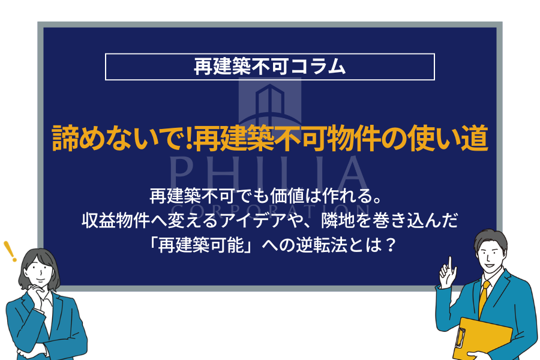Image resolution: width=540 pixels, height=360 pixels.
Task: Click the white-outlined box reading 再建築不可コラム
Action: [x=269, y=67]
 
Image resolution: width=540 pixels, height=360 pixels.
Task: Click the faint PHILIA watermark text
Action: [x=269, y=174]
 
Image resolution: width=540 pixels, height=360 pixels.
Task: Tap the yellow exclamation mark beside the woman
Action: [x=8, y=251]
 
